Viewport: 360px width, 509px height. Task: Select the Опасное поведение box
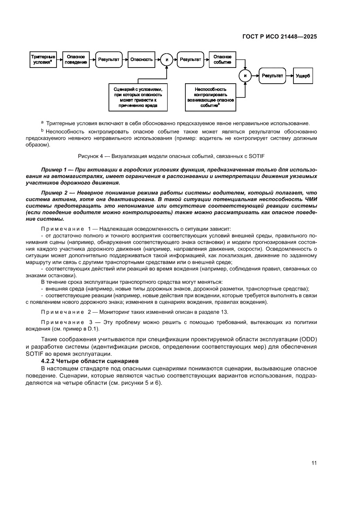tap(76, 59)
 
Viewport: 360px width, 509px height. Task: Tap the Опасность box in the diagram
tap(141, 59)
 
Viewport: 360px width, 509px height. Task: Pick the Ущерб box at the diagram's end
tap(303, 75)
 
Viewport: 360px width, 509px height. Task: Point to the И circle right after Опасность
tap(166, 60)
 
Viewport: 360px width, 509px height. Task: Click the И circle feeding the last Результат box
tap(245, 76)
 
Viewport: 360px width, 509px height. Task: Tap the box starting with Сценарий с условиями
tap(138, 96)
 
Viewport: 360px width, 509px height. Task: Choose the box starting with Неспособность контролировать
tap(210, 96)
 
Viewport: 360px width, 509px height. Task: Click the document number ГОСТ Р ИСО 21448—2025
tap(279, 37)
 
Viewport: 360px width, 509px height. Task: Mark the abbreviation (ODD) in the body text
tap(307, 339)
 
